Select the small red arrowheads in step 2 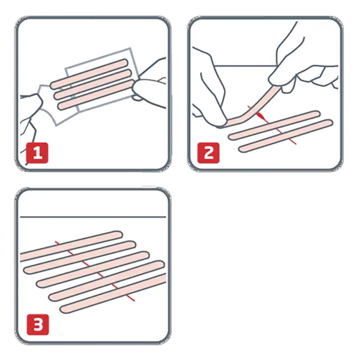coord(259,114)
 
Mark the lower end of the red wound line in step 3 coord(130,300)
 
